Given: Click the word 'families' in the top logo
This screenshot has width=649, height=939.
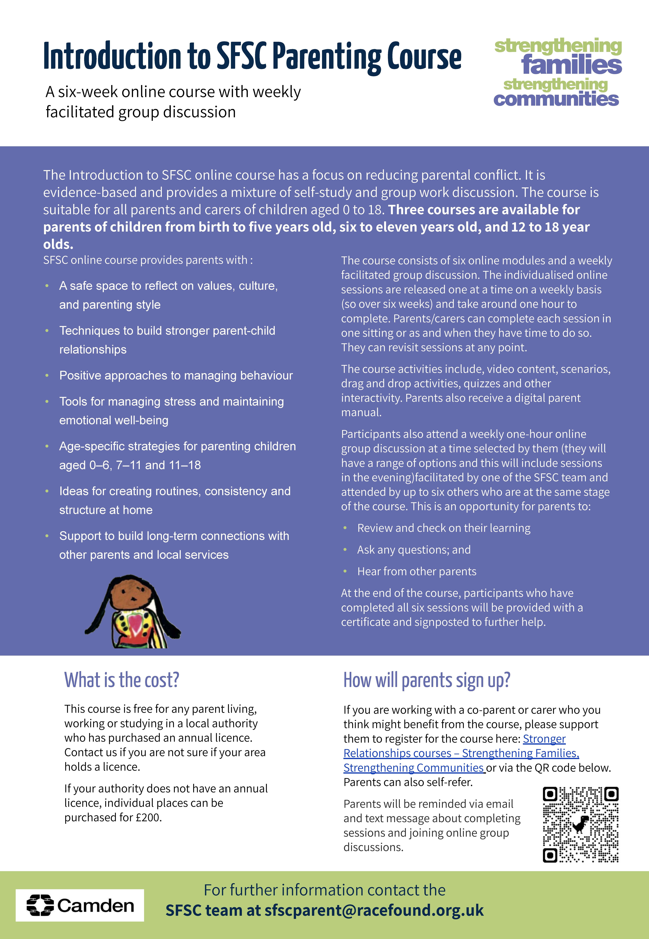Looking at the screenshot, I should [571, 65].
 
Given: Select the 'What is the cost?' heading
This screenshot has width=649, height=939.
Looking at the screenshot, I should [122, 680].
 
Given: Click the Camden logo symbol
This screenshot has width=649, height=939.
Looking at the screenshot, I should [40, 905].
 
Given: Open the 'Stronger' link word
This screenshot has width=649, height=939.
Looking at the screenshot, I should [544, 738].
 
